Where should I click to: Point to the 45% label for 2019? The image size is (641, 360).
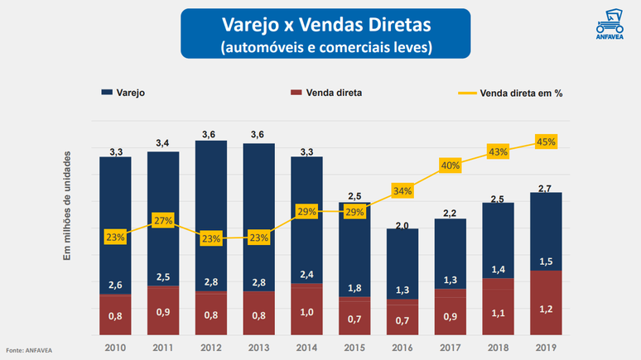point(546,142)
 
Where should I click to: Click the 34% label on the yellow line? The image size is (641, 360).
point(402,191)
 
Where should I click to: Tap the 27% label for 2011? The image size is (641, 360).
point(163,221)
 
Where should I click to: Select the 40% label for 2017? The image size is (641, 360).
point(451,166)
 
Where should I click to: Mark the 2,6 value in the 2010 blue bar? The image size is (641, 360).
point(115,286)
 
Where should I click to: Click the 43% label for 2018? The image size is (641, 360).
point(498,152)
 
